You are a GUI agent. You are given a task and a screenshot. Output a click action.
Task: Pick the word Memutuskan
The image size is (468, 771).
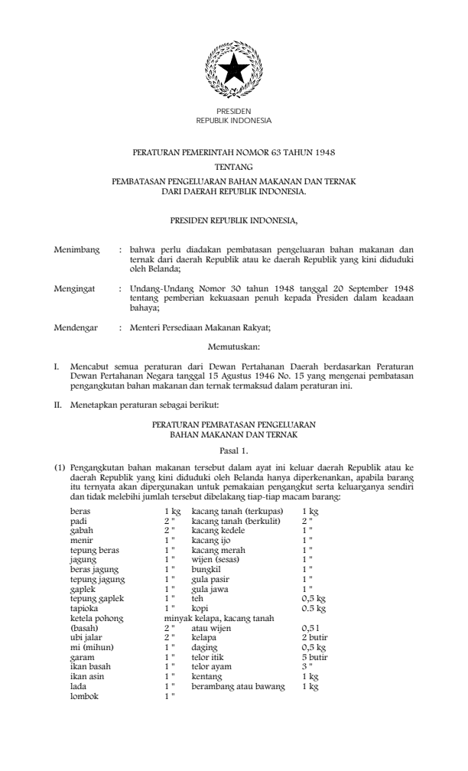coord(233,346)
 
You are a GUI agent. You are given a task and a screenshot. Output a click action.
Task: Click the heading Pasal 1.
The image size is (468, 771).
coord(233,451)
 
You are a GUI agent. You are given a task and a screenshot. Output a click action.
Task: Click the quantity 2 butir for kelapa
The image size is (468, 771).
coord(314,636)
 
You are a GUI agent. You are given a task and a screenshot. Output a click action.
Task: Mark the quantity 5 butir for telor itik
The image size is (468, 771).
coord(314,657)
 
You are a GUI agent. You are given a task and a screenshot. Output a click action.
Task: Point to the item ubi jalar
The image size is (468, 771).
coord(84,636)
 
